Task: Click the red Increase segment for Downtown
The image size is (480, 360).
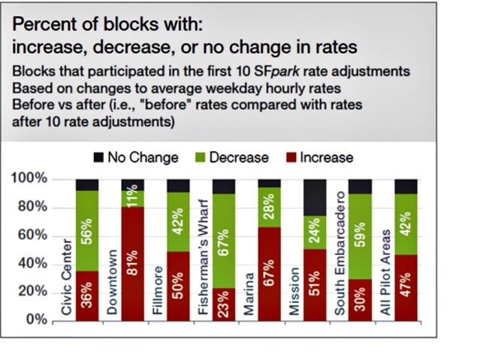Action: pos(133,263)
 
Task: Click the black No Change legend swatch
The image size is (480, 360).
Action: pos(98,158)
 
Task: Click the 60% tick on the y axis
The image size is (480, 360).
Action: pos(33,235)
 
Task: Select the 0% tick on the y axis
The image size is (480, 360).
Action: pos(38,320)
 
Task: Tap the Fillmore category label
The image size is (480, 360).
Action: pos(158,293)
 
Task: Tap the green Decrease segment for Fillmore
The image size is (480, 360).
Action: pos(178,222)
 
